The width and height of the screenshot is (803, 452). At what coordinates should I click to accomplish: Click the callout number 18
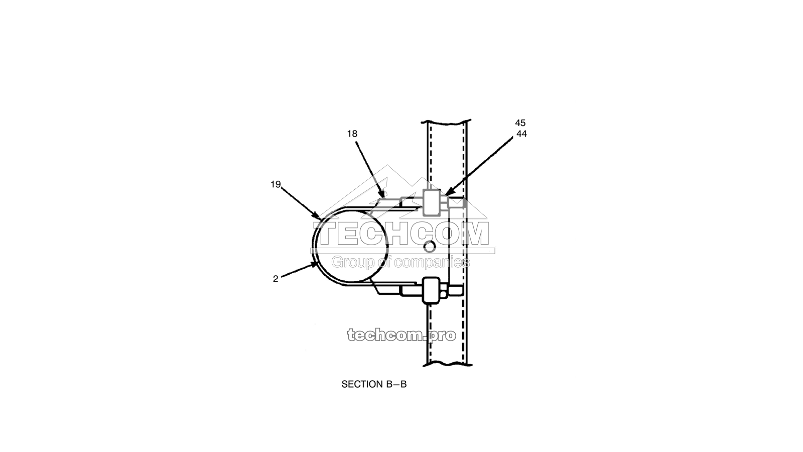352,134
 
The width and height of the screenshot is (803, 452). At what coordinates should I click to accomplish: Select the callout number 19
276,184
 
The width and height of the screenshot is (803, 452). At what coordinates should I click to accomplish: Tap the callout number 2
276,279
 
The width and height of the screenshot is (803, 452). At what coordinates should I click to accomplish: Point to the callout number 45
520,123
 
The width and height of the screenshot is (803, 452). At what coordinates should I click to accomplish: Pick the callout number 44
521,134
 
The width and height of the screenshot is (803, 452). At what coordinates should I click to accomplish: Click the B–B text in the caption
396,384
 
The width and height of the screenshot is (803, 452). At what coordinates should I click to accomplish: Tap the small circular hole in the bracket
429,247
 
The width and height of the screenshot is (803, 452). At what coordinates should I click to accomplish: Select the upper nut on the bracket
431,203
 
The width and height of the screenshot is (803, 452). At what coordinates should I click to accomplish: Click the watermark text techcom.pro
401,335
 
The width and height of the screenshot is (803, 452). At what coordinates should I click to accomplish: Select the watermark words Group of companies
400,262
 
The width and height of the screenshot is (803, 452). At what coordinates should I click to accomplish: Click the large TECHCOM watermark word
404,235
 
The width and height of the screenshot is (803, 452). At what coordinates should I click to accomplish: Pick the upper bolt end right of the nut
456,203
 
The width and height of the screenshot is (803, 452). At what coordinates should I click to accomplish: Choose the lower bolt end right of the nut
455,291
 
